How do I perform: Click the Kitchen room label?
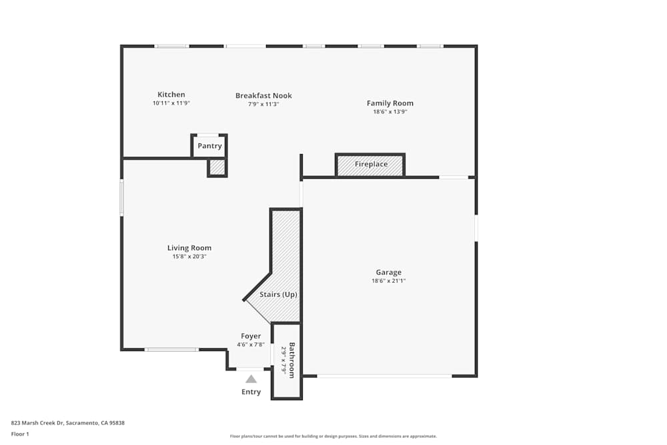(171, 95)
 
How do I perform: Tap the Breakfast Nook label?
(263, 95)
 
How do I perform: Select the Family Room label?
(390, 103)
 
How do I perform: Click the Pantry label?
(209, 146)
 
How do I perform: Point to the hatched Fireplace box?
(370, 165)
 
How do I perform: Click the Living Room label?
(189, 248)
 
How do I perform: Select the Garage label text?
(389, 272)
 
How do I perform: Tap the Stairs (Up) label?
(278, 294)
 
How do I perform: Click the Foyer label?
(251, 336)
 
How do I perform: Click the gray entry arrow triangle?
(251, 379)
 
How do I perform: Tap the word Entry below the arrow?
(251, 392)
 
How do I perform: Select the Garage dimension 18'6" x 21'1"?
(389, 281)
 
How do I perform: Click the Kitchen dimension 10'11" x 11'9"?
(171, 103)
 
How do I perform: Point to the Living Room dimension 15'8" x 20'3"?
(189, 256)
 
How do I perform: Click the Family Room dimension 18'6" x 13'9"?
(390, 111)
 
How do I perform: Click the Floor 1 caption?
(20, 434)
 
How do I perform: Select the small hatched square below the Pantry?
(217, 167)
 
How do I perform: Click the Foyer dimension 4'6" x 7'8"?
(251, 345)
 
